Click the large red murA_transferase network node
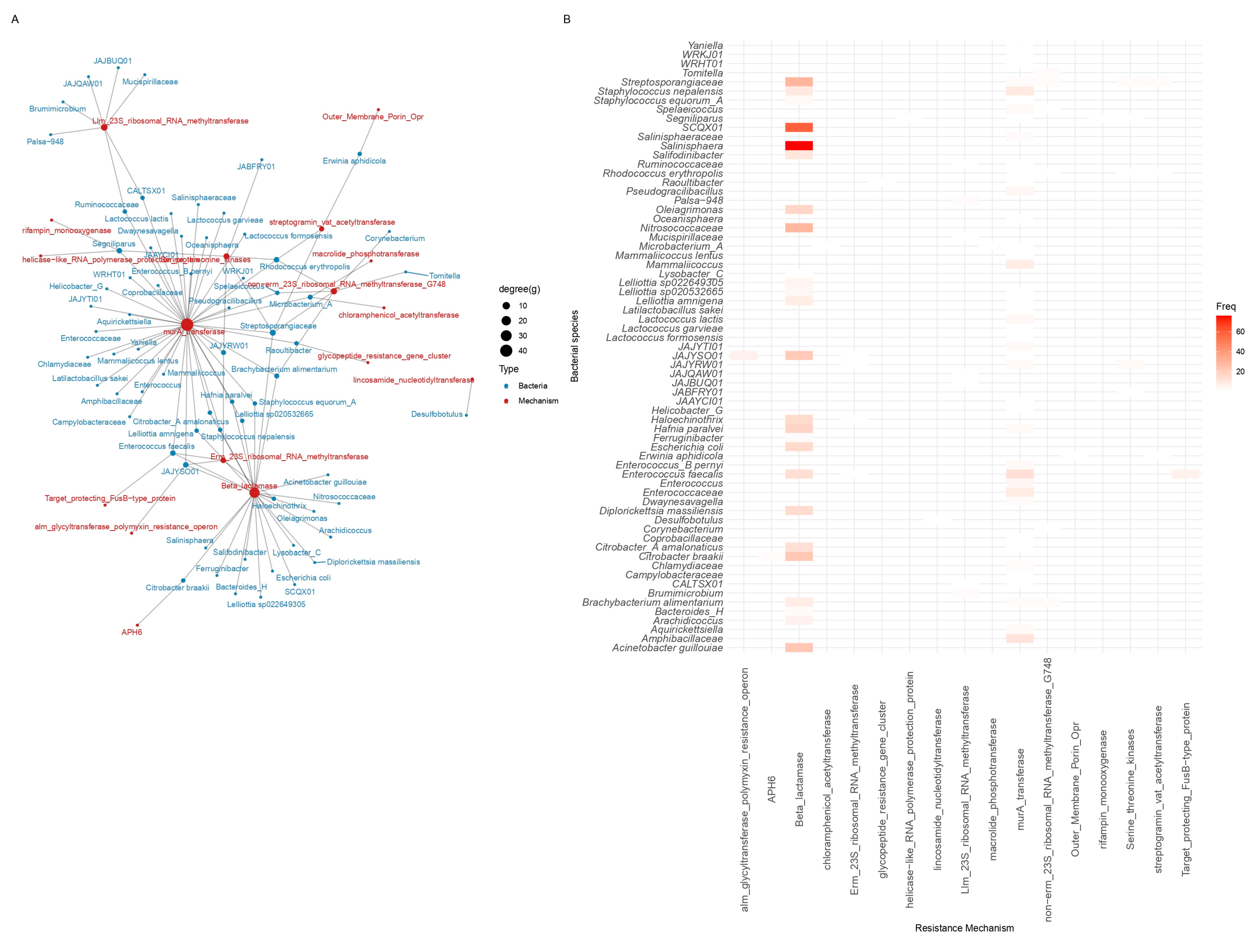coord(187,325)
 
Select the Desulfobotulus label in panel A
coord(437,414)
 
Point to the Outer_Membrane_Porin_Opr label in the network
coord(373,116)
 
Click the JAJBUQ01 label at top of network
coord(113,61)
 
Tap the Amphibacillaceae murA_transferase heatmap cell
coord(1020,639)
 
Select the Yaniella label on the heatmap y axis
coord(705,45)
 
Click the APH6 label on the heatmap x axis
coord(771,788)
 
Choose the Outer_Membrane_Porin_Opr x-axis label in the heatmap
coord(1075,788)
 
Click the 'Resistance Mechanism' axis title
coord(964,928)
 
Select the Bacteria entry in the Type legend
coord(533,386)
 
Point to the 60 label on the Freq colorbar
coord(1240,332)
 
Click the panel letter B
coord(566,19)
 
